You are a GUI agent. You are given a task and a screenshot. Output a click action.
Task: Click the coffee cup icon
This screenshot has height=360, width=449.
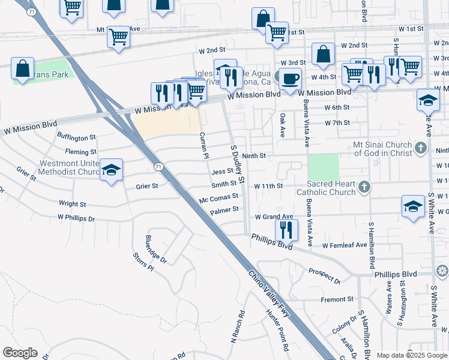point(290,78)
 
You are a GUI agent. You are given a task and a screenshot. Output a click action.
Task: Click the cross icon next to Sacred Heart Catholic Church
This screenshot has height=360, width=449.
point(364,188)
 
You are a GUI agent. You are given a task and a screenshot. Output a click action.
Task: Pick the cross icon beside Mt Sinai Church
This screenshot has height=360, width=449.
point(421,148)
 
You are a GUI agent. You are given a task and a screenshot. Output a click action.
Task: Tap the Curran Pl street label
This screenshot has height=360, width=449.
point(203,146)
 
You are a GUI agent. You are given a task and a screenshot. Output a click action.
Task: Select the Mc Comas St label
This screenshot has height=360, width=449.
point(219,196)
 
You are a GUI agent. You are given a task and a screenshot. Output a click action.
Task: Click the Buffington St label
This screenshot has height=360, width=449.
point(77,138)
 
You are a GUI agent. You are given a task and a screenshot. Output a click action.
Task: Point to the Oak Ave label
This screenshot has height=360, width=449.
point(282,124)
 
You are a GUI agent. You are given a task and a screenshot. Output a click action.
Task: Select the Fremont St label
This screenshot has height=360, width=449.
point(337,299)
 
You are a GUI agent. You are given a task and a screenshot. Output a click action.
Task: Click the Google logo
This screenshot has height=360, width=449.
point(20,353)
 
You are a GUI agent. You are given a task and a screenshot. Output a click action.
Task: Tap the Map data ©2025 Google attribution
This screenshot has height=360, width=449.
point(411,355)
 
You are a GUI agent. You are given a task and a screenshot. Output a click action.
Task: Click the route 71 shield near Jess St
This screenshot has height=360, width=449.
point(157,166)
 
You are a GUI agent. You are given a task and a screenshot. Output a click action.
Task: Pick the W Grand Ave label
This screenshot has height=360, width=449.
point(274,217)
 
